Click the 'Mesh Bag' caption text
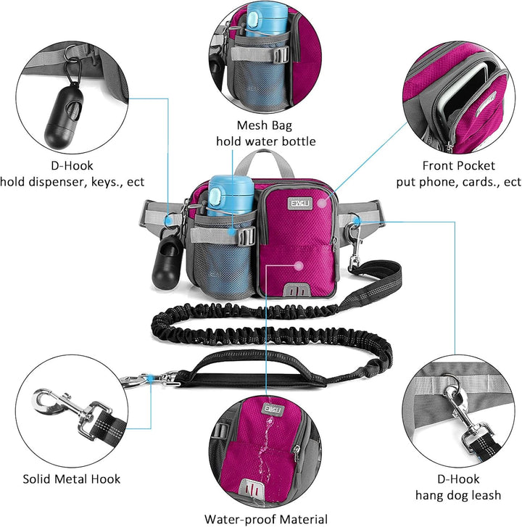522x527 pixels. [264, 125]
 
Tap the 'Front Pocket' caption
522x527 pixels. [458, 166]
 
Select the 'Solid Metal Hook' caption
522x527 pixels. [72, 479]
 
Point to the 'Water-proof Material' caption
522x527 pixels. [266, 519]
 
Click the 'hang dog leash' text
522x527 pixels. [458, 495]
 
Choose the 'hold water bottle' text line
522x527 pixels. [266, 141]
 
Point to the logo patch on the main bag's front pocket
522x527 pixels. [300, 204]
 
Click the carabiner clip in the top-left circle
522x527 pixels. [73, 71]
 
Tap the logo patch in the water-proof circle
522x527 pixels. [274, 410]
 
